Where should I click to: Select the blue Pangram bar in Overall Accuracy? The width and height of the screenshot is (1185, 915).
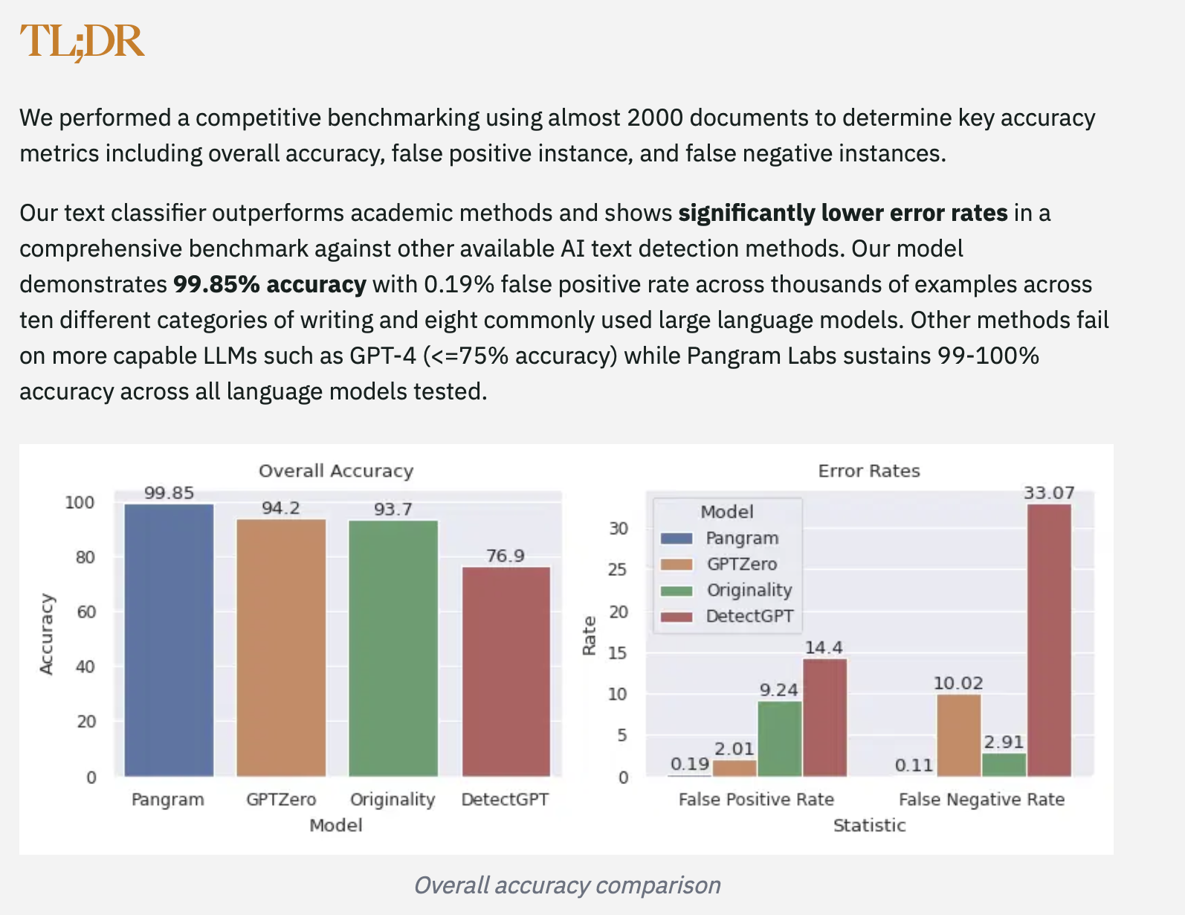(169, 640)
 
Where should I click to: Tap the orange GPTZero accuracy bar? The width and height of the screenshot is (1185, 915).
(281, 647)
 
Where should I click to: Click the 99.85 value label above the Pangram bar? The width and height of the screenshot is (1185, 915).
(169, 493)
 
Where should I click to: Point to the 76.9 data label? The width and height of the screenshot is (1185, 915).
(506, 556)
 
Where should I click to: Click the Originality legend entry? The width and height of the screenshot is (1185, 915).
(749, 590)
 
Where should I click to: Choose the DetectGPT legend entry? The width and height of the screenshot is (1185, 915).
(749, 616)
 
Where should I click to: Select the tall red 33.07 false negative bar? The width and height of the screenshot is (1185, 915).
(1049, 640)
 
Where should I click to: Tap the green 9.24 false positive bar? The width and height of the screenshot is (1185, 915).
(779, 739)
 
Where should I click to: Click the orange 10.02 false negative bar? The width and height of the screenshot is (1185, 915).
(958, 735)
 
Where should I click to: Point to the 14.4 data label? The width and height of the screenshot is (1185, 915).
(824, 648)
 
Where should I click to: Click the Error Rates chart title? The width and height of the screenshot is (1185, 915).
(869, 471)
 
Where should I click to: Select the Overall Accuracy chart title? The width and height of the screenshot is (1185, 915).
(336, 471)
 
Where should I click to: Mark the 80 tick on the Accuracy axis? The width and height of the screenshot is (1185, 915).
(85, 557)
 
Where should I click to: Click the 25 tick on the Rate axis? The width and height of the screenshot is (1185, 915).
(619, 570)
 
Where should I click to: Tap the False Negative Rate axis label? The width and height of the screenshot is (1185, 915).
(981, 800)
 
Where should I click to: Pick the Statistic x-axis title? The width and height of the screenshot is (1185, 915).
(869, 825)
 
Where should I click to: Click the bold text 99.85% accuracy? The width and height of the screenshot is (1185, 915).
(269, 284)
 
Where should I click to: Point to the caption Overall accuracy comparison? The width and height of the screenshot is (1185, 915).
(566, 885)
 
